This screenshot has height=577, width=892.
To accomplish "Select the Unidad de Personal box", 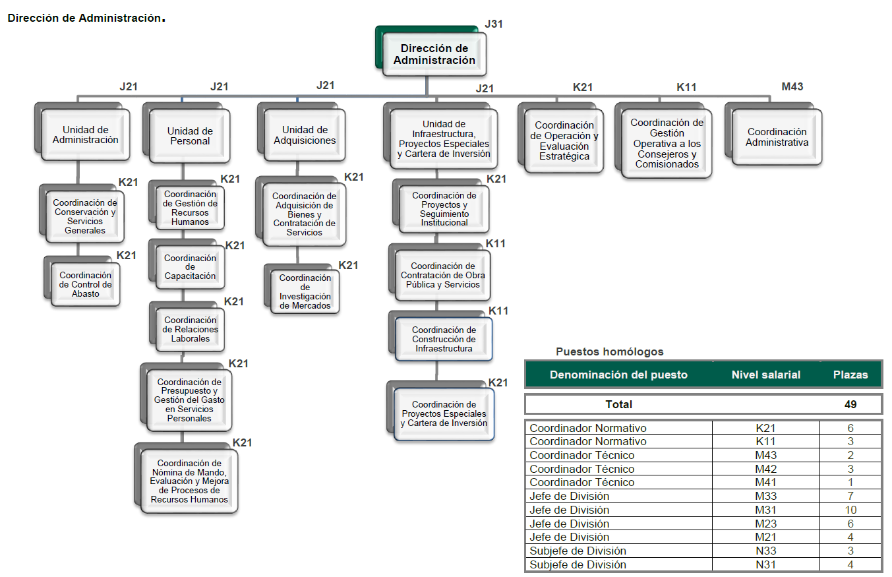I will [x=190, y=136].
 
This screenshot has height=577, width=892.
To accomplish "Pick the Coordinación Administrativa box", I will [x=777, y=137].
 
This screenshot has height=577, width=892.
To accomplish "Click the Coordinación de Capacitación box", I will [x=190, y=267].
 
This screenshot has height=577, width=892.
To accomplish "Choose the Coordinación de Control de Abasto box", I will [x=86, y=284].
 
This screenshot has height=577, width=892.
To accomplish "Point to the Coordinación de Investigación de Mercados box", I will [x=305, y=292].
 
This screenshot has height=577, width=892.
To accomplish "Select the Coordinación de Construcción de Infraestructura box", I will [x=444, y=339].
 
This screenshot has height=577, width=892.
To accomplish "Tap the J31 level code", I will [x=494, y=24].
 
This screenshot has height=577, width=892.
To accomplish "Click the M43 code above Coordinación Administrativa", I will [x=792, y=86].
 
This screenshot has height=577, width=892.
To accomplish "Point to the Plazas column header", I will [x=850, y=375].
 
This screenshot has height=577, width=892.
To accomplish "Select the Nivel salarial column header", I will [x=765, y=375].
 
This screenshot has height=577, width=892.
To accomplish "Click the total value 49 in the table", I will [x=850, y=404].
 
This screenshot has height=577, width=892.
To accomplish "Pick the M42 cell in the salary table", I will [x=766, y=469].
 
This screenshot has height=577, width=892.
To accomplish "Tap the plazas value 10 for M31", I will [x=850, y=510].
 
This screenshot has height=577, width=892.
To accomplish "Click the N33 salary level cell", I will [x=766, y=551].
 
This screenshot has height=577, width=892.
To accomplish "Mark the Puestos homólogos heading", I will [x=609, y=352].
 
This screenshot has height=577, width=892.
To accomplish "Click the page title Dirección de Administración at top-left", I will [x=84, y=18].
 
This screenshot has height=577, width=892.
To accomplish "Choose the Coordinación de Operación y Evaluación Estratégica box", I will [x=564, y=140].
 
